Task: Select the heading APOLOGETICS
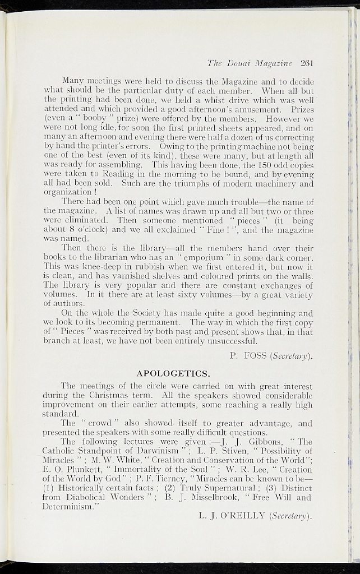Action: click(174, 373)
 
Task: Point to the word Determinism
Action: click(69, 506)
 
